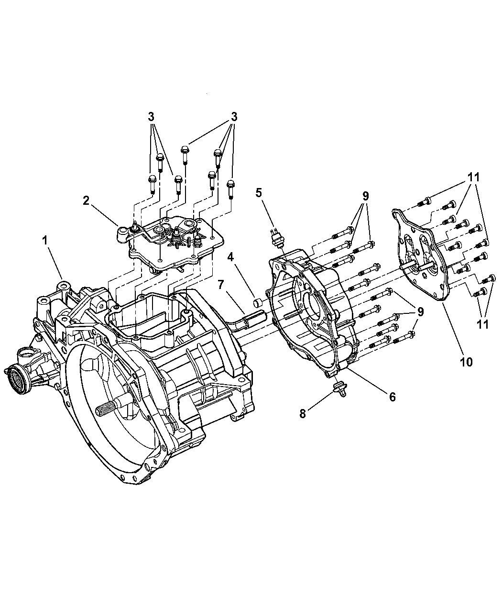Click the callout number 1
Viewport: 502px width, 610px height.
[x=46, y=241]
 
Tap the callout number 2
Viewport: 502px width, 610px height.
[x=86, y=200]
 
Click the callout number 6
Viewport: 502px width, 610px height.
[x=392, y=397]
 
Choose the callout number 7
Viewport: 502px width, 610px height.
[x=221, y=285]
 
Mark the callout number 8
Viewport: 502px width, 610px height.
[x=303, y=413]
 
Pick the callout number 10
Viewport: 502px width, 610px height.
[x=466, y=362]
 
